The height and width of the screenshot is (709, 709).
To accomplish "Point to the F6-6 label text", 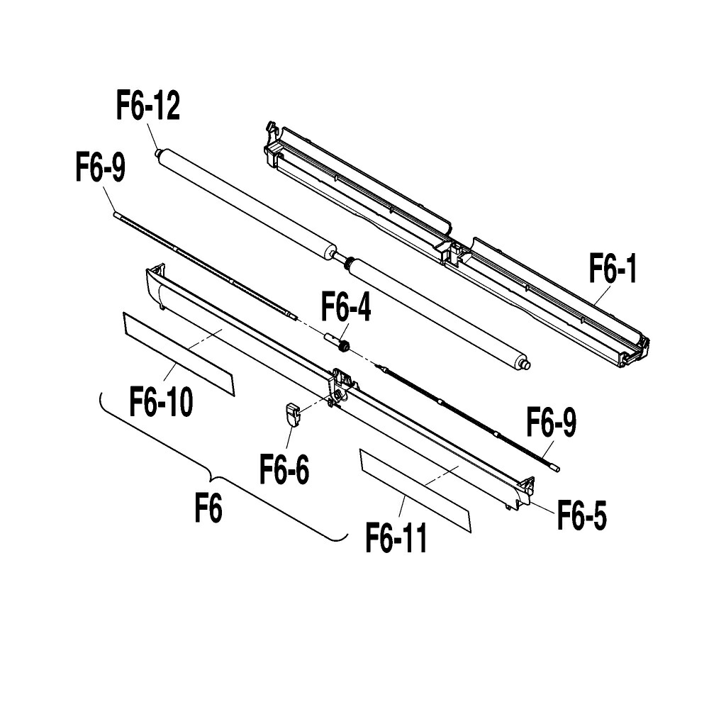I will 284,469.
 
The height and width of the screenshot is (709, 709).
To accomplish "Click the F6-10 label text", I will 161,401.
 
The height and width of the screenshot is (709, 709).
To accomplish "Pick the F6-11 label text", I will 396,537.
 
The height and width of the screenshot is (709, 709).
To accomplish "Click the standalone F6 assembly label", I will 208,508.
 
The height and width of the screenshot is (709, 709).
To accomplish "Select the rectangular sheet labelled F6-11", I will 415,490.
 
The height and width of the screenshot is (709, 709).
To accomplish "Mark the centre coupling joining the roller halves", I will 342,257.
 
